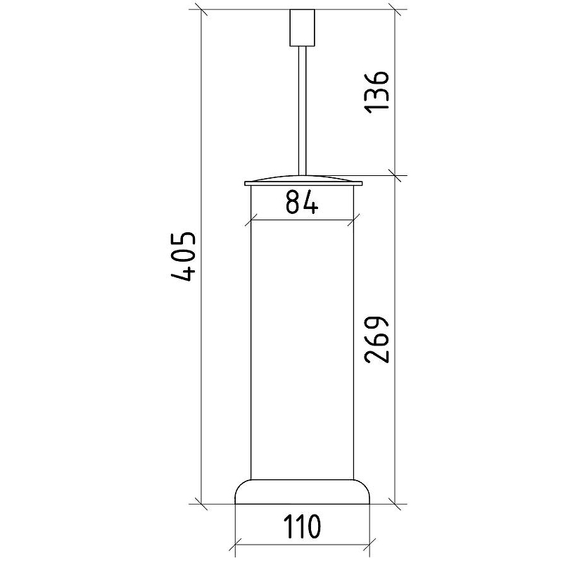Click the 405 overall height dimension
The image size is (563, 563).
pyautogui.click(x=184, y=256)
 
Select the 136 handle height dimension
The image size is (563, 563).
pyautogui.click(x=377, y=92)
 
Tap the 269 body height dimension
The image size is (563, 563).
pyautogui.click(x=377, y=339)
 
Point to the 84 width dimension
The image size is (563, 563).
pyautogui.click(x=302, y=202)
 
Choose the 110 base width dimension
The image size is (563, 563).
pyautogui.click(x=302, y=526)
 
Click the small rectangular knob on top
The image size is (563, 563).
pyautogui.click(x=303, y=27)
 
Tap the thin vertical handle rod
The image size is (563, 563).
pyautogui.click(x=303, y=111)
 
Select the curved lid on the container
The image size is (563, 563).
pyautogui.click(x=303, y=181)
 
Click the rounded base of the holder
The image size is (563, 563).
pyautogui.click(x=303, y=492)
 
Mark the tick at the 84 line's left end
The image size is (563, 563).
pyautogui.click(x=251, y=220)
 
